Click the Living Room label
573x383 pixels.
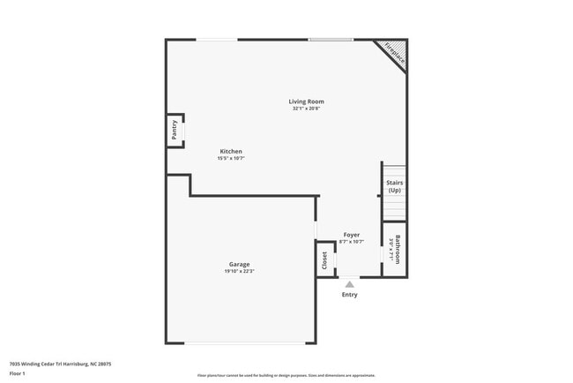tap(307, 101)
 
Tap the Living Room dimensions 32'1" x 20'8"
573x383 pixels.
tap(307, 109)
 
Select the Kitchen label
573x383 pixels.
tap(231, 151)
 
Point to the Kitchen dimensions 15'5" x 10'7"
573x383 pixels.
tap(231, 159)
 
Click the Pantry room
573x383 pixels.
tap(175, 131)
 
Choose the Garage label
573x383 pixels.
tap(239, 264)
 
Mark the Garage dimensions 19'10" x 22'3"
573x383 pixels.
tap(239, 271)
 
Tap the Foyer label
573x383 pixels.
tap(352, 235)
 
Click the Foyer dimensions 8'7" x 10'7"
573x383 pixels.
tap(352, 242)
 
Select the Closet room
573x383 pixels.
tap(324, 259)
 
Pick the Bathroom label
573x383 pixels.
tap(398, 250)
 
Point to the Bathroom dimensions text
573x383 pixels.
tap(391, 250)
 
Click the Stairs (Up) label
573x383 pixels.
tap(394, 186)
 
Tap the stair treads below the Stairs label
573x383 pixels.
tap(394, 208)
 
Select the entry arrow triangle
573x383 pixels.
tap(350, 284)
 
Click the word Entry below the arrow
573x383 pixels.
tap(350, 295)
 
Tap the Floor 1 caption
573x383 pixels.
tap(18, 372)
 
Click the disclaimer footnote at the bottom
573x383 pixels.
tap(286, 375)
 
